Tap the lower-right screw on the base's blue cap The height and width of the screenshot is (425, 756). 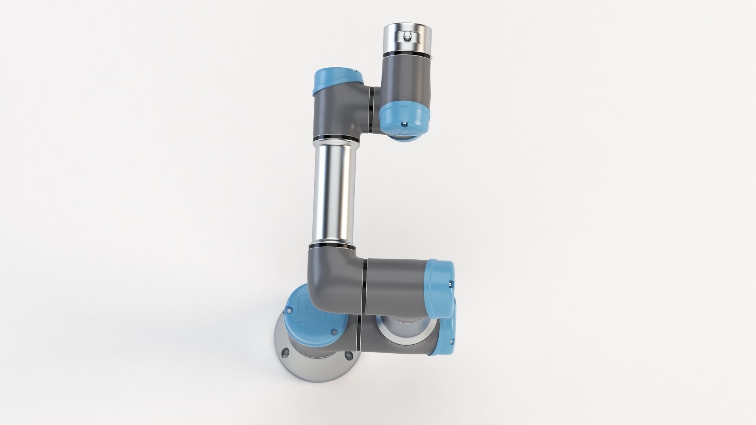[334, 331]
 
